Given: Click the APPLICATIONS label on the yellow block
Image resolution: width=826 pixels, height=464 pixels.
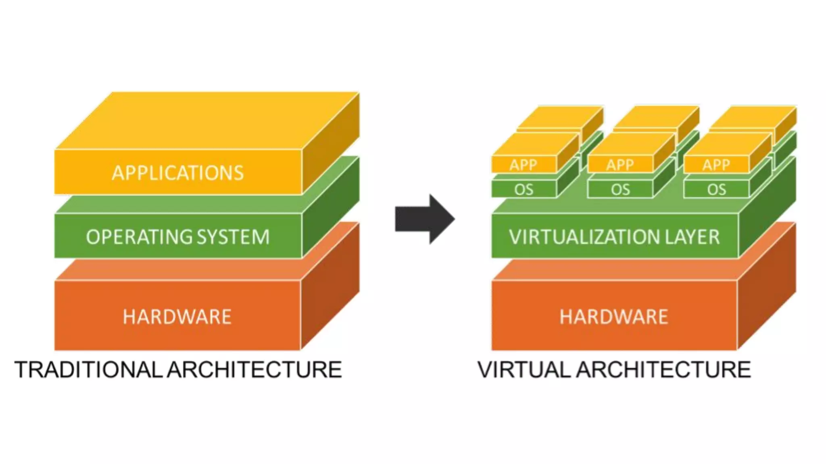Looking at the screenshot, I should (178, 173).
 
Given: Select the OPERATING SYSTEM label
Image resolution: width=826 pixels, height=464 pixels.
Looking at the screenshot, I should (178, 237).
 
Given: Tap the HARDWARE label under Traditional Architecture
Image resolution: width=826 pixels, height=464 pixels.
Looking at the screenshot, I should (177, 317).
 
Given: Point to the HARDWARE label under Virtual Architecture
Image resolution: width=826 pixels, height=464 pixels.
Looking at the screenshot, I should (614, 317).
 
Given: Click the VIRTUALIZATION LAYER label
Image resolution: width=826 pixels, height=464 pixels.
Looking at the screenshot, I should (614, 237).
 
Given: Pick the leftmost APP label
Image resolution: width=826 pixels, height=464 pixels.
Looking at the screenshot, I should (524, 165).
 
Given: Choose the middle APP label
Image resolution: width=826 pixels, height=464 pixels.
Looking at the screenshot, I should (620, 165).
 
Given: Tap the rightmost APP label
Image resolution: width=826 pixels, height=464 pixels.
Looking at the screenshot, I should (716, 165).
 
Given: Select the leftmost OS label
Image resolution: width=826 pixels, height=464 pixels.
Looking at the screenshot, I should (524, 189).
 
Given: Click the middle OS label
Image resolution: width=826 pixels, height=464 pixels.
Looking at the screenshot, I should (620, 189).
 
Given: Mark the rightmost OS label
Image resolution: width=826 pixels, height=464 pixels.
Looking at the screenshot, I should (716, 189).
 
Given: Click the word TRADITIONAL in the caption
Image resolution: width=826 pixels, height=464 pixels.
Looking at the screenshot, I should (88, 370).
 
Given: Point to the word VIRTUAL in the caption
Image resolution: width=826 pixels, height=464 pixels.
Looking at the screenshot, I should (524, 370).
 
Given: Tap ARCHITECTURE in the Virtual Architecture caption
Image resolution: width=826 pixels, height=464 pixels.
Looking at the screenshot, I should (663, 370).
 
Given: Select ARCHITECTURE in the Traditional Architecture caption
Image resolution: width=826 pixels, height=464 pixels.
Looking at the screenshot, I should (254, 370).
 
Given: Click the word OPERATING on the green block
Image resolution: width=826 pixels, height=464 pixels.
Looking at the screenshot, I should (133, 237).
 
